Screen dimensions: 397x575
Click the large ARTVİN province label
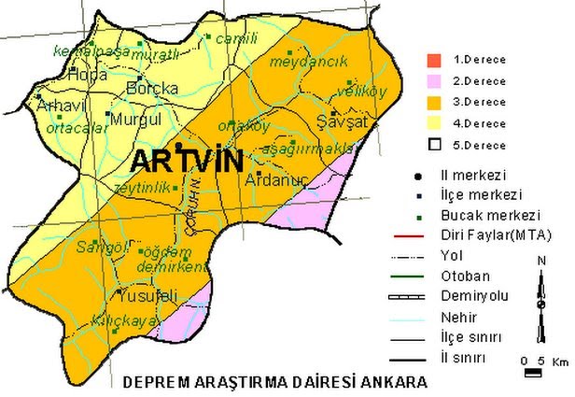(x=186, y=161)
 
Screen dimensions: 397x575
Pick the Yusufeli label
(x=141, y=295)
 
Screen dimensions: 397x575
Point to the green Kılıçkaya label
(x=105, y=320)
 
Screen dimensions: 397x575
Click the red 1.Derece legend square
(x=432, y=61)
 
